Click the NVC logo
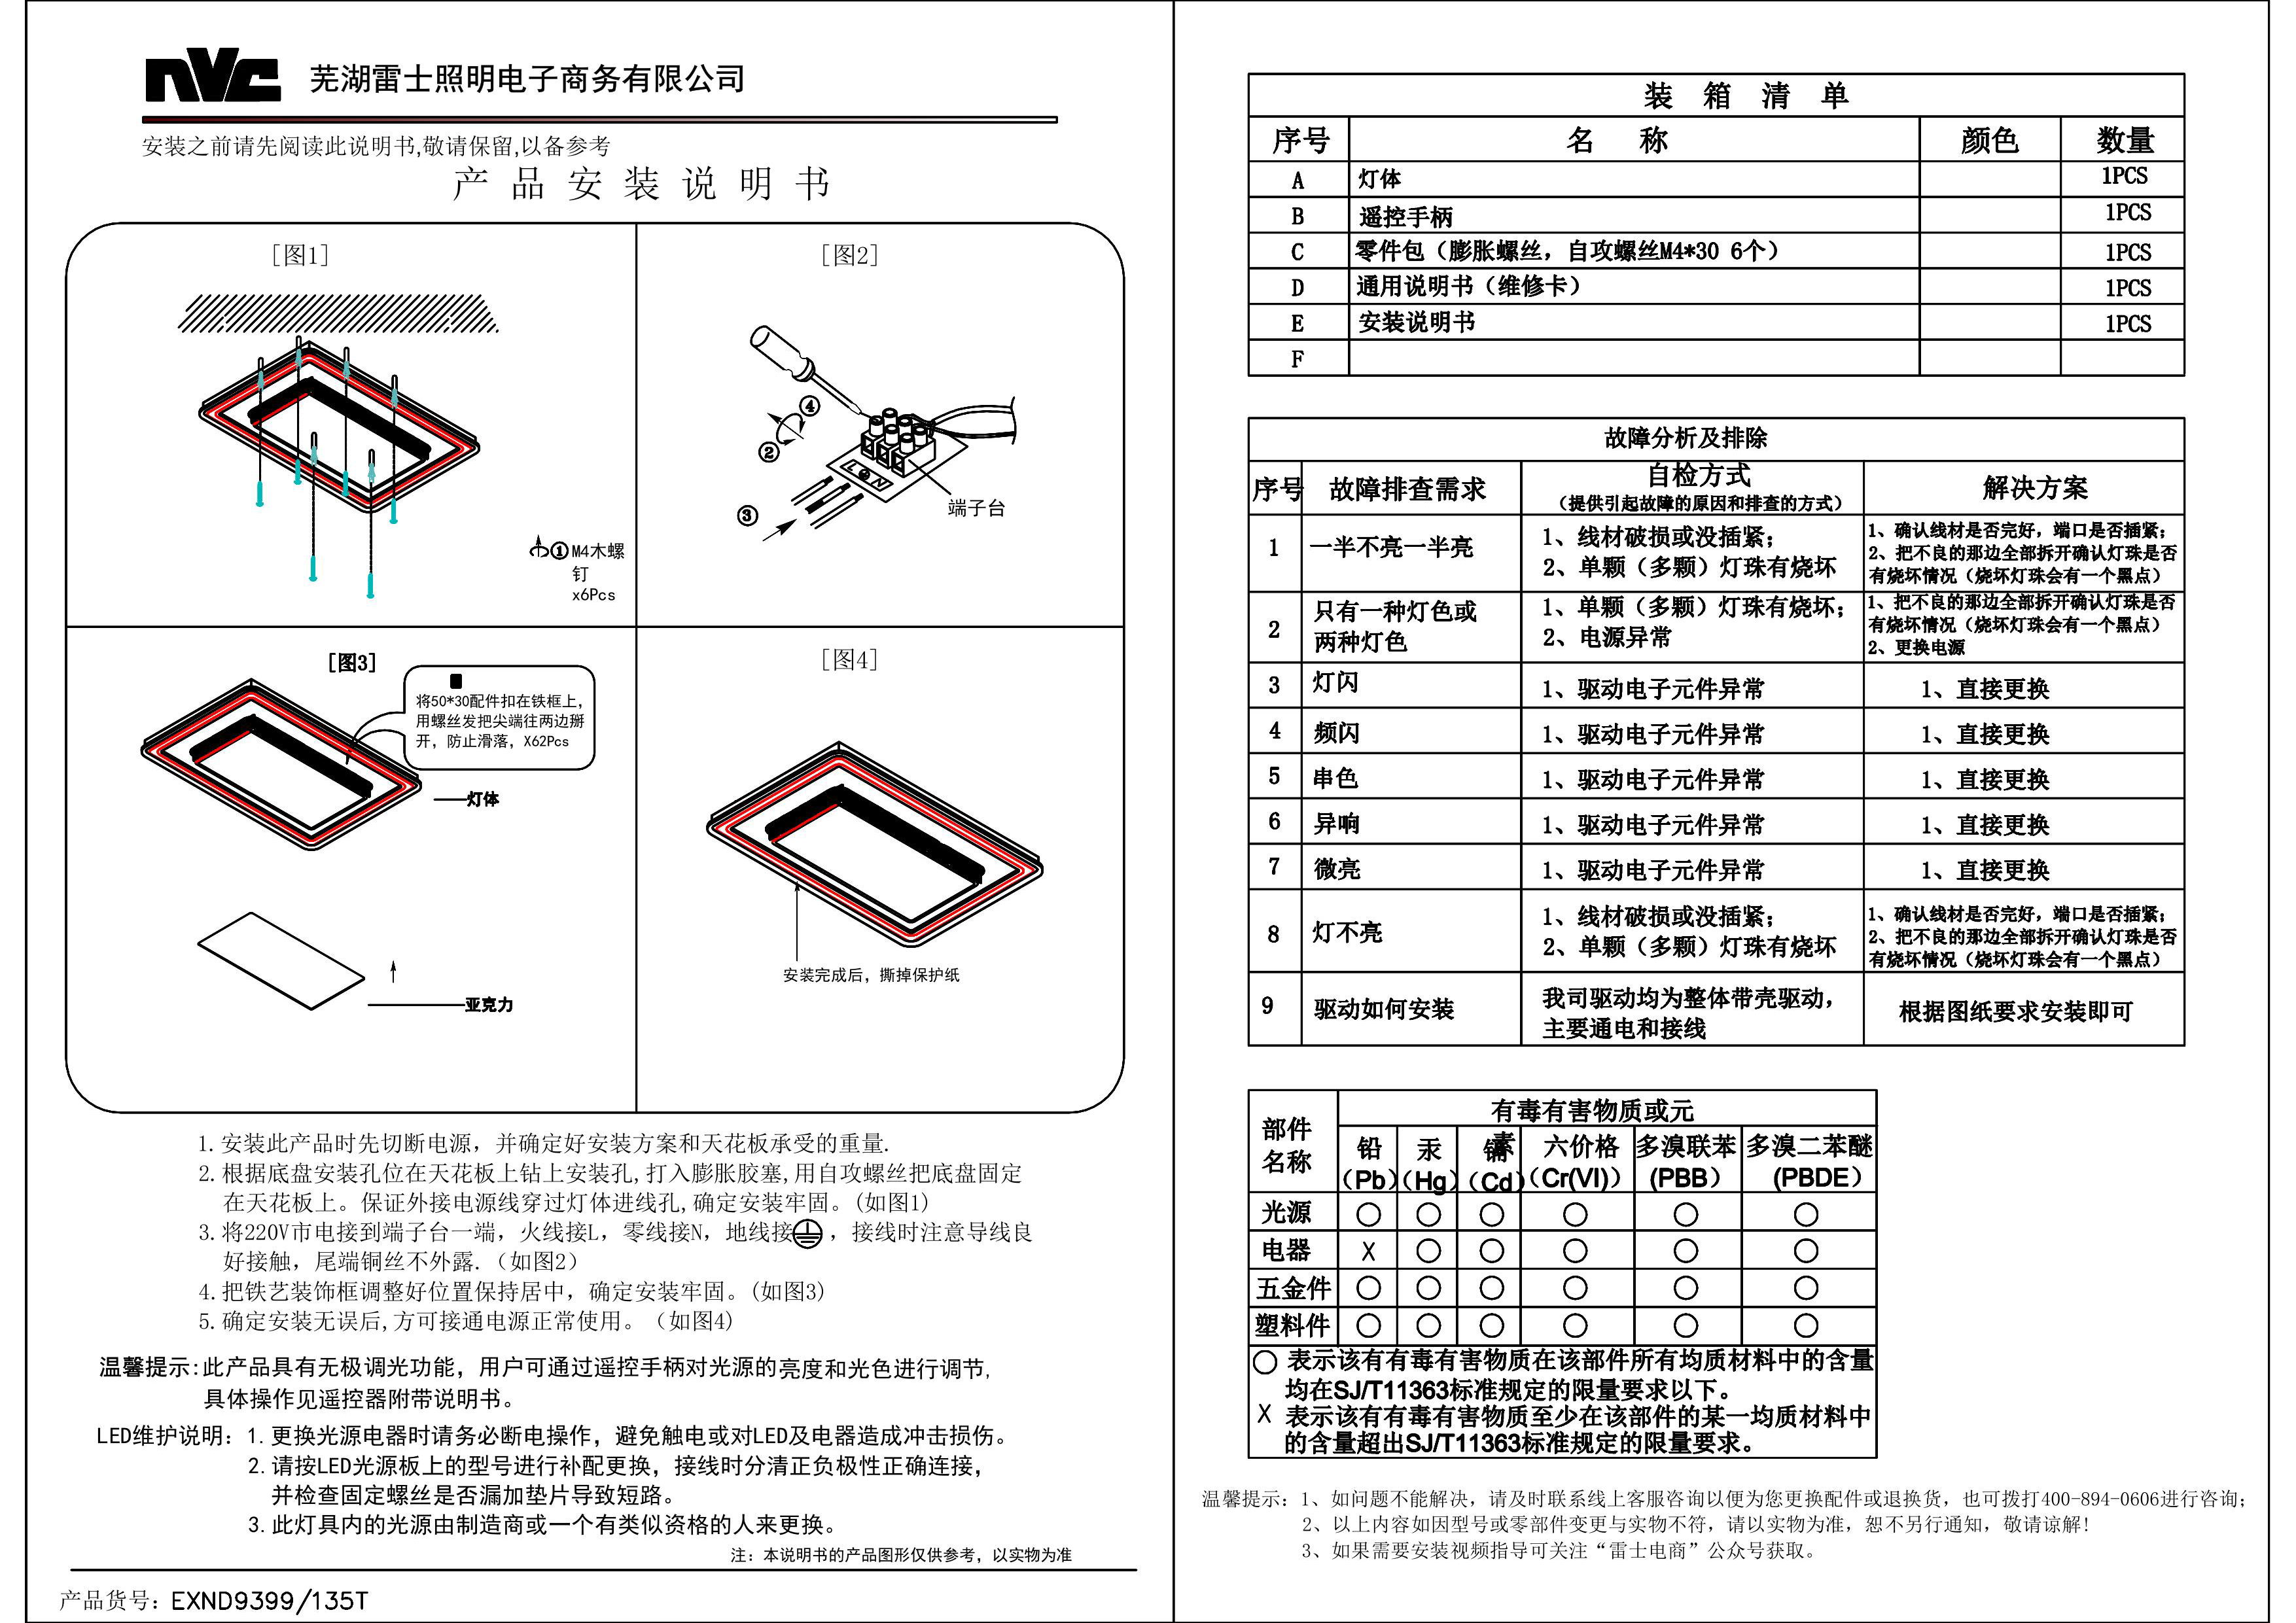click(x=213, y=79)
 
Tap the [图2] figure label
click(x=849, y=255)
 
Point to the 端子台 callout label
click(x=976, y=508)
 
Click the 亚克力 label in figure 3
click(x=488, y=1004)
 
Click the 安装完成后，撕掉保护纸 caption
click(x=870, y=975)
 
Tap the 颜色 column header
click(x=1989, y=140)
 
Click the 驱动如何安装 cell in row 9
click(x=1383, y=1009)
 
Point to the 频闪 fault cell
click(x=1336, y=733)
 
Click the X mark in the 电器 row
click(x=1368, y=1251)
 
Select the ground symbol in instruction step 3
click(x=808, y=1234)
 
